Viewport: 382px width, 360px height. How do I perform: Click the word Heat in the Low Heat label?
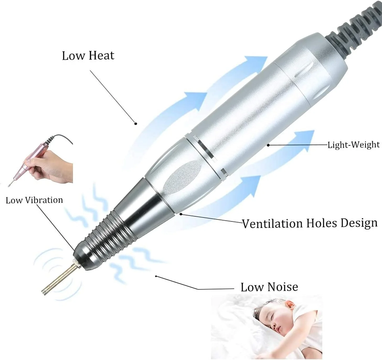101,55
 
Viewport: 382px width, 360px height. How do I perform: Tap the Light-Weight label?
354,145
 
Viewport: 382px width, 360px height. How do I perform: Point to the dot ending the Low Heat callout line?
136,124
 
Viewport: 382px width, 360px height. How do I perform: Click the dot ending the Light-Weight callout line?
268,145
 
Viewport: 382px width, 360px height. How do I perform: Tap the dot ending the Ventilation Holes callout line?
181,214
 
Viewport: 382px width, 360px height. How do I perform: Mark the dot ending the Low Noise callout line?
156,276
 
